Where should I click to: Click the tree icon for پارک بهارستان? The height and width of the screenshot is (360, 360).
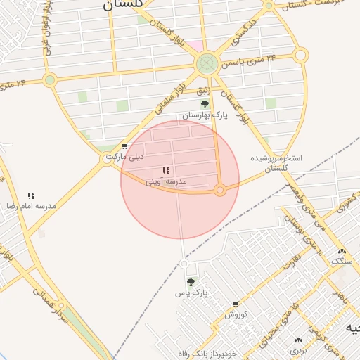205,104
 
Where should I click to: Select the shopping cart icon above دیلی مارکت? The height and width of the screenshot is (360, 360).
124,147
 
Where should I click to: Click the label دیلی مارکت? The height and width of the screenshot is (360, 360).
124,157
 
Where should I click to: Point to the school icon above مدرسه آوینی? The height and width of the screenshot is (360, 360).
166,171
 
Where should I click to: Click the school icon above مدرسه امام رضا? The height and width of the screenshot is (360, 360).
31,196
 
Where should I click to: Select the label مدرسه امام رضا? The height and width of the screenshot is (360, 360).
22,207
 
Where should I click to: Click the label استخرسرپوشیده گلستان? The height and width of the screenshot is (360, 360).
278,163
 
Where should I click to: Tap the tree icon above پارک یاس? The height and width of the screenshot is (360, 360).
191,282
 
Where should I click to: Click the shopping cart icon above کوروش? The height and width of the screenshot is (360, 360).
236,304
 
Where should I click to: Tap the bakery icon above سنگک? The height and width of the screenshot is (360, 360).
342,251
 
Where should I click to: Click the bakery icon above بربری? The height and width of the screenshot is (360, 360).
299,340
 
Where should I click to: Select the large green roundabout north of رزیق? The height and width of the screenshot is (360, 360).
206,65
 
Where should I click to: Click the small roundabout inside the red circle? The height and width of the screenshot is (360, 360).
220,190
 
